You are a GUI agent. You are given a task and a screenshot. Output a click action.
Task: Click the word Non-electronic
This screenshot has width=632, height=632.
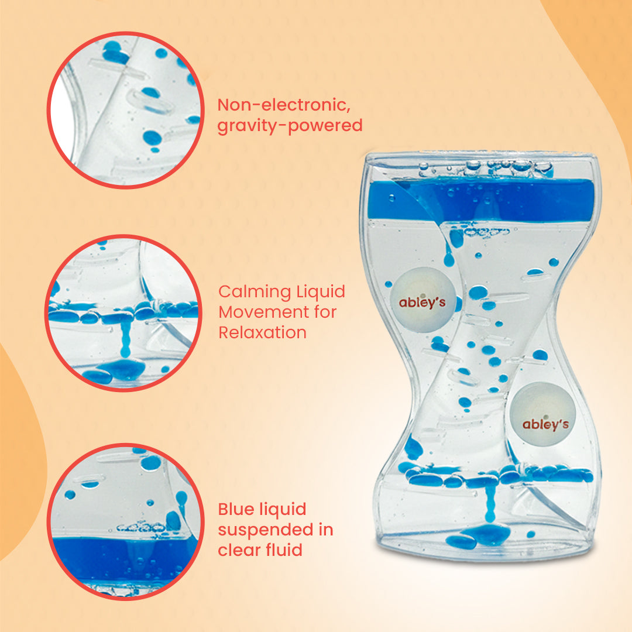coord(284,105)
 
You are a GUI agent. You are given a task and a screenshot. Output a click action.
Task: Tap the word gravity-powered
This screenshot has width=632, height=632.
coord(290,126)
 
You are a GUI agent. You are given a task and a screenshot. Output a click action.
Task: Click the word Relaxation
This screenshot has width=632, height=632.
coord(262,332)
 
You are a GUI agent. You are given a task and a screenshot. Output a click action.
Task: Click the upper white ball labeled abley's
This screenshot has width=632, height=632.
coord(423,300)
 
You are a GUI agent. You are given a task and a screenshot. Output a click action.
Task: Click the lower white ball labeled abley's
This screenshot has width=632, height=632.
coord(543,414)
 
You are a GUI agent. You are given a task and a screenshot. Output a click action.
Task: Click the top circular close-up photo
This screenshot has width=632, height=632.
coord(125,109)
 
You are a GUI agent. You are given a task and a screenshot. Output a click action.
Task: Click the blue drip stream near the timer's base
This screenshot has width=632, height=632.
coord(490,502)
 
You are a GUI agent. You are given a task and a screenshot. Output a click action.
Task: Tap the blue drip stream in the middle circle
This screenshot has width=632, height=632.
coord(125,339)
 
